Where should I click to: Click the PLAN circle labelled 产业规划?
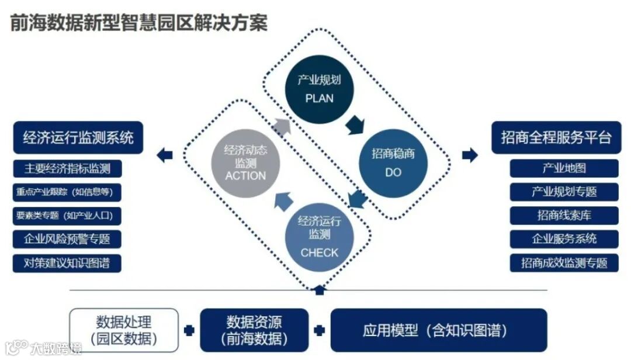click(x=319, y=89)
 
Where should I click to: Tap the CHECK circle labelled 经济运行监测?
click(x=319, y=237)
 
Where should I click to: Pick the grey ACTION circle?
click(x=245, y=164)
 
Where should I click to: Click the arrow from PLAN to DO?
click(x=355, y=125)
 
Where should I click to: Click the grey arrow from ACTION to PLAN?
click(x=282, y=126)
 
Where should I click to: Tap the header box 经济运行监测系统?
click(x=78, y=138)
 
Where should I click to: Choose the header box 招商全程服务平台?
click(x=556, y=138)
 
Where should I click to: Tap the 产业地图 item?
click(x=564, y=168)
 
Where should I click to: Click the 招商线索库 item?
click(x=564, y=215)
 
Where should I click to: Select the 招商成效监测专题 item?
click(x=564, y=262)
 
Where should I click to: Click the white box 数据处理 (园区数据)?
click(x=124, y=330)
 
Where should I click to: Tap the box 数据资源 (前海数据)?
click(x=254, y=330)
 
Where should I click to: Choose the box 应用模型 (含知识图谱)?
click(x=439, y=330)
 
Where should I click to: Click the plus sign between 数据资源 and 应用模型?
click(x=319, y=330)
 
